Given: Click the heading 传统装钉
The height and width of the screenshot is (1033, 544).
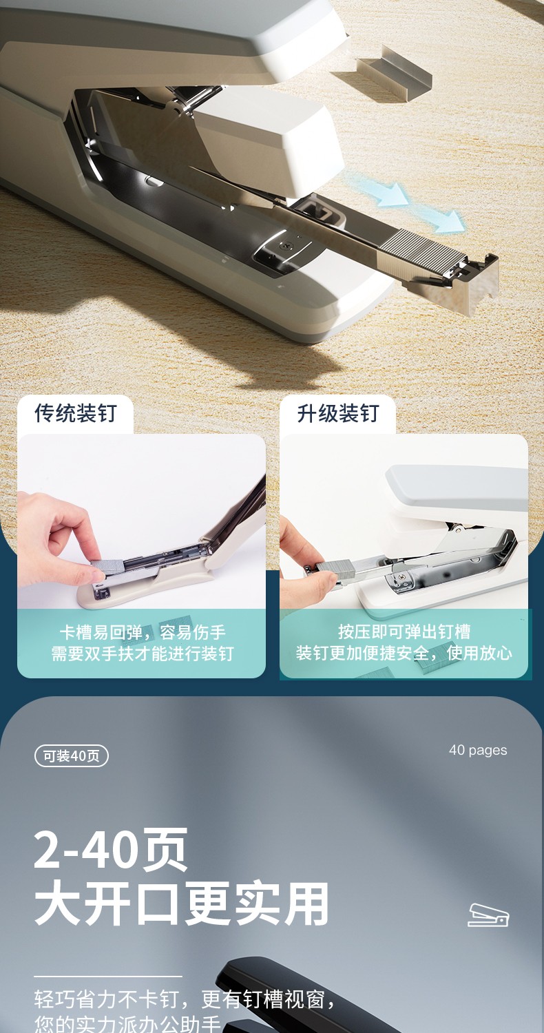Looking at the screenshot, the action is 76,413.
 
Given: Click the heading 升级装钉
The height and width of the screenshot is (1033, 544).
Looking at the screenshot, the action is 338,413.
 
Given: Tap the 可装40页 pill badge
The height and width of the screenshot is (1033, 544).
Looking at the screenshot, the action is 72,756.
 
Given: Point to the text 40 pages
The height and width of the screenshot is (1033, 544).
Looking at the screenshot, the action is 478,751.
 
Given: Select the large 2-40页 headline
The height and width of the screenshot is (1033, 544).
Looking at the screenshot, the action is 111,849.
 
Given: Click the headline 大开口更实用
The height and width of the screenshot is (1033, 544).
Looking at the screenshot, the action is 181,902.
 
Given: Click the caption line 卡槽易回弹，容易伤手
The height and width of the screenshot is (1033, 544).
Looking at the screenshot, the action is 143,632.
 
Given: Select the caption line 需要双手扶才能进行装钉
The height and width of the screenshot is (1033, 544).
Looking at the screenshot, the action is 143,653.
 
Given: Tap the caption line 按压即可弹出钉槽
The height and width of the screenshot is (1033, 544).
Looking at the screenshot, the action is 404,632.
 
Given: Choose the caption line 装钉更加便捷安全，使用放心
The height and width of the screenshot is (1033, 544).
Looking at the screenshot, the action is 404,653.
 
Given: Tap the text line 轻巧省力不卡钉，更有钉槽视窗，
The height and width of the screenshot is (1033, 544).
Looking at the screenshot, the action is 185,999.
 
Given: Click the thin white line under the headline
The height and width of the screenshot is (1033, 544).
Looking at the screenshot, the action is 108,976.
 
